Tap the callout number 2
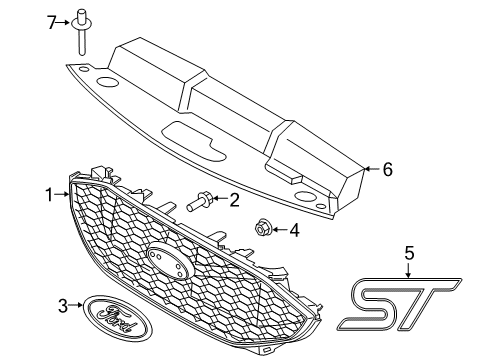234,200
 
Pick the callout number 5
409,253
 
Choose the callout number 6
386,170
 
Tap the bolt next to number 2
198,203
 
